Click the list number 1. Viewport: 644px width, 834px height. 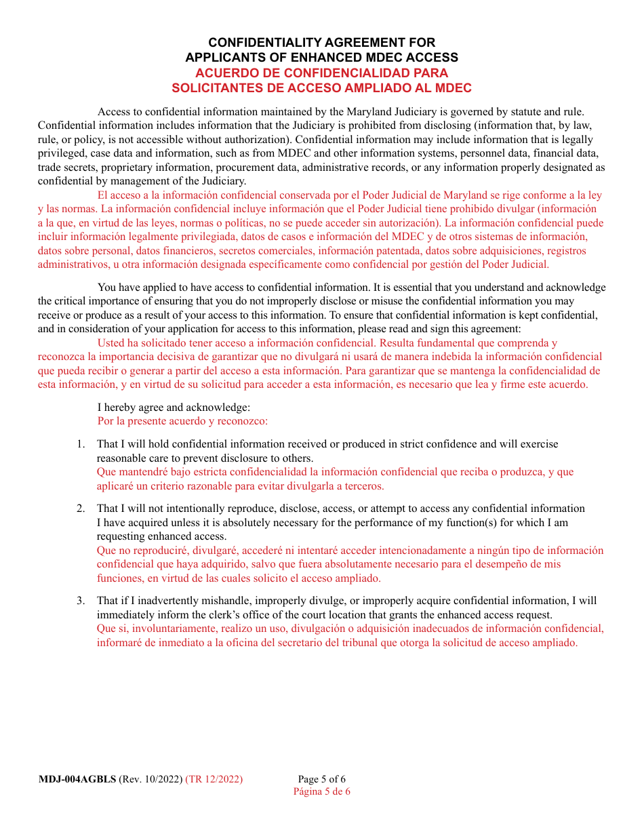81,444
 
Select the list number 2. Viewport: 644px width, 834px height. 81,509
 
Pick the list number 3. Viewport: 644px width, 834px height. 81,601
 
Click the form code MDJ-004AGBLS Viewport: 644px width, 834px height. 77,779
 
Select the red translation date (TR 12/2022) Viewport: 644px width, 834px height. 214,779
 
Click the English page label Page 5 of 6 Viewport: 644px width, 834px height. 321,779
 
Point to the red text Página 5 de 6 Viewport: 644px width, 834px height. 321,791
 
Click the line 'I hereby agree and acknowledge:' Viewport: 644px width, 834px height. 174,407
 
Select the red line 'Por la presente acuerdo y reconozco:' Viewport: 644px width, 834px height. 182,420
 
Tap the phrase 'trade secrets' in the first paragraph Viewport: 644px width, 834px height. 66,167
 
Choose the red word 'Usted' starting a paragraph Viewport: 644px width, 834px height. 111,343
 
